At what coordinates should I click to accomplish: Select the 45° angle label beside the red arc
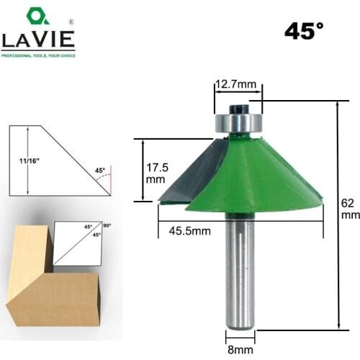(100, 171)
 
